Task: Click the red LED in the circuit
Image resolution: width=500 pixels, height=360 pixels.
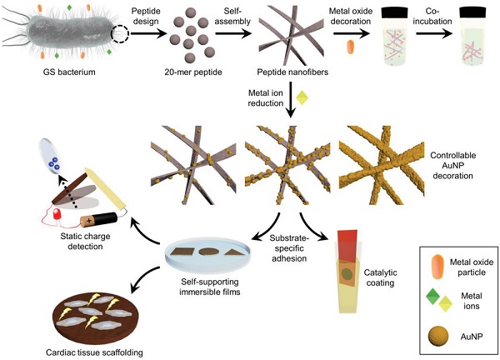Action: tap(57, 216)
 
